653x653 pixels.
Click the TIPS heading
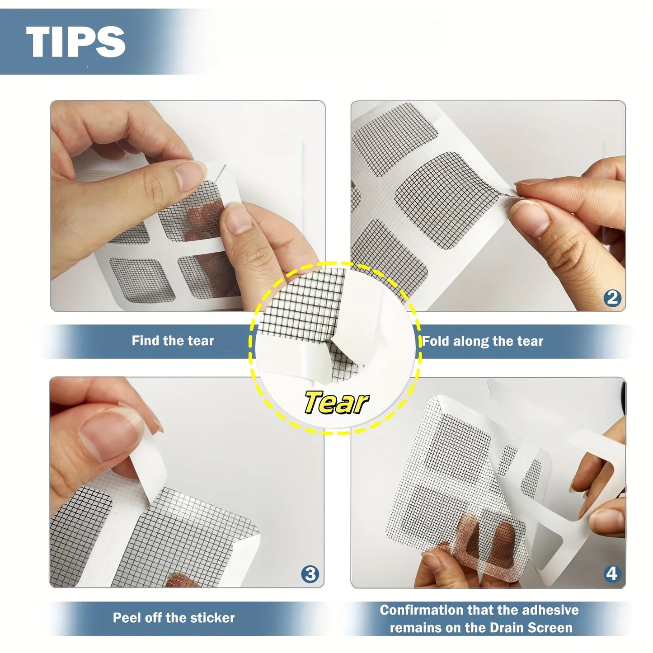click(x=75, y=42)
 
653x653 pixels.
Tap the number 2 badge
click(x=612, y=298)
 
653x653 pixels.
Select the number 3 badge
click(x=310, y=574)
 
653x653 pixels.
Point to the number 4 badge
click(x=611, y=574)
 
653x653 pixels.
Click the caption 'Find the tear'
click(x=173, y=341)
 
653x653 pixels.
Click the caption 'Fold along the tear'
click(x=483, y=341)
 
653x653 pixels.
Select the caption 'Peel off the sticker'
click(x=174, y=618)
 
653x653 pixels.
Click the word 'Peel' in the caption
click(x=126, y=618)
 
